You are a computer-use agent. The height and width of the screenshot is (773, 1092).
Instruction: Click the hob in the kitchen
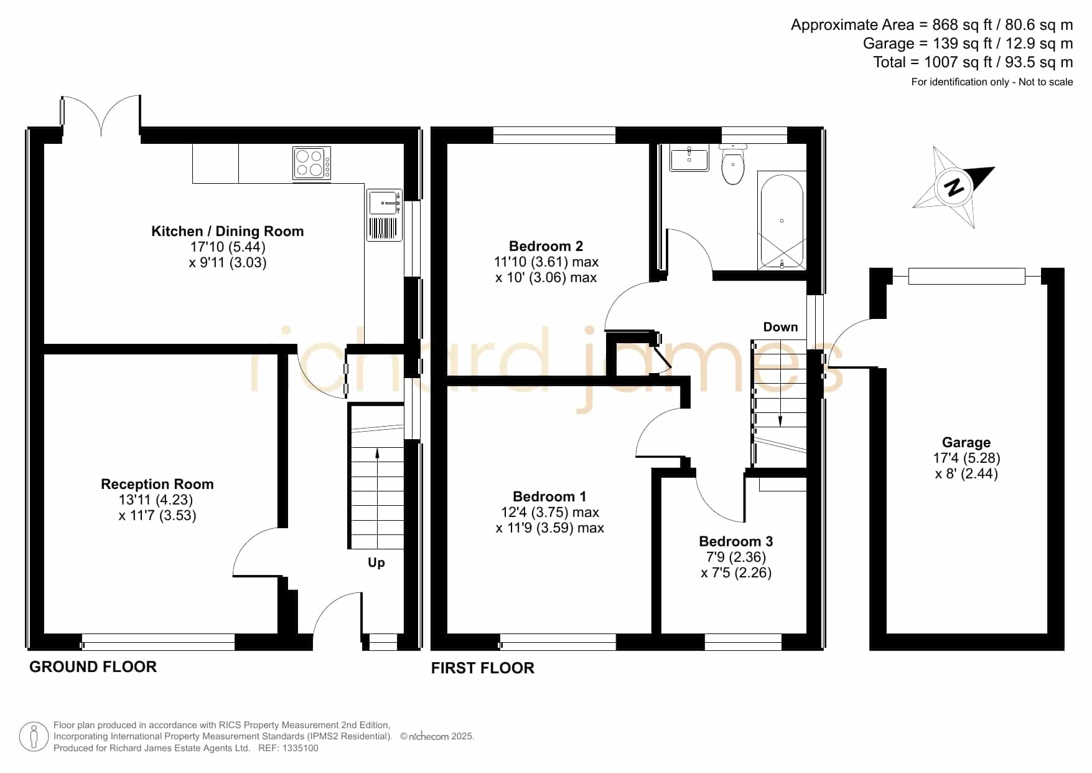pos(312,163)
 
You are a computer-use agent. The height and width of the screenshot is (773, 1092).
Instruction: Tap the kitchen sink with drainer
pos(385,215)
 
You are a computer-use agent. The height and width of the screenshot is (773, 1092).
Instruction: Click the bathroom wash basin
pos(689,158)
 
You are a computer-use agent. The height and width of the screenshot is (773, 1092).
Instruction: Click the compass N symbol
pos(953,186)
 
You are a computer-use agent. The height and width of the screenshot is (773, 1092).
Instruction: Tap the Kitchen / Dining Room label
pos(228,231)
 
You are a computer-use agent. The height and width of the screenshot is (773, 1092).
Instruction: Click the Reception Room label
pos(157,484)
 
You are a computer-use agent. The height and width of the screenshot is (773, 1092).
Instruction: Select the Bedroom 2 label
pos(546,246)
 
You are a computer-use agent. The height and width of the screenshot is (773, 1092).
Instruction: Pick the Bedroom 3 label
pos(736,541)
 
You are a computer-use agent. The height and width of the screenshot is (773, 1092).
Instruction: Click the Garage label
pos(966,442)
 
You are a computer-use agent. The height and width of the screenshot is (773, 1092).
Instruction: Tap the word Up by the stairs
pos(376,562)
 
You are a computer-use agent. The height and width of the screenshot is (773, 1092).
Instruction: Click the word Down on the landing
pos(780,327)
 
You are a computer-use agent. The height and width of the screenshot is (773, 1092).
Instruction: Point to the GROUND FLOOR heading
pos(93,666)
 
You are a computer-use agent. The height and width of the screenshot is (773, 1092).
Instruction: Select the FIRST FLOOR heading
pos(483,668)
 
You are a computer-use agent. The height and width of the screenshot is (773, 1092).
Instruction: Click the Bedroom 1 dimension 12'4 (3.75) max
pos(550,512)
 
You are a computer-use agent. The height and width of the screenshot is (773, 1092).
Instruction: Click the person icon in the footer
pos(34,737)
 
